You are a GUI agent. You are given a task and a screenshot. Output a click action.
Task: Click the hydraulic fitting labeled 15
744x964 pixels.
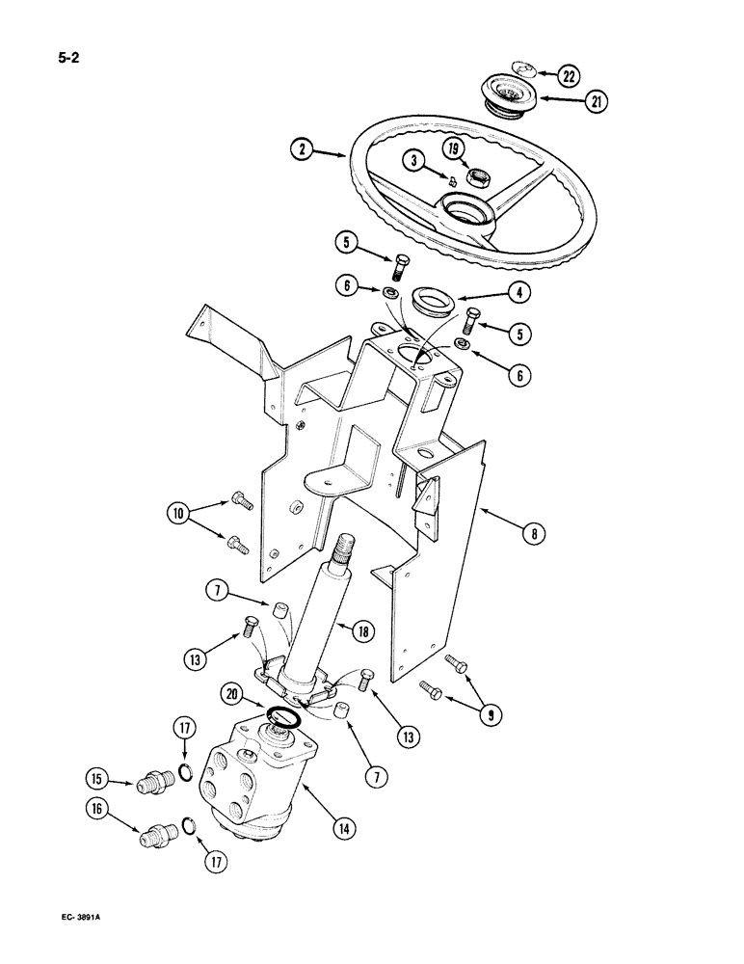[x=151, y=779]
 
